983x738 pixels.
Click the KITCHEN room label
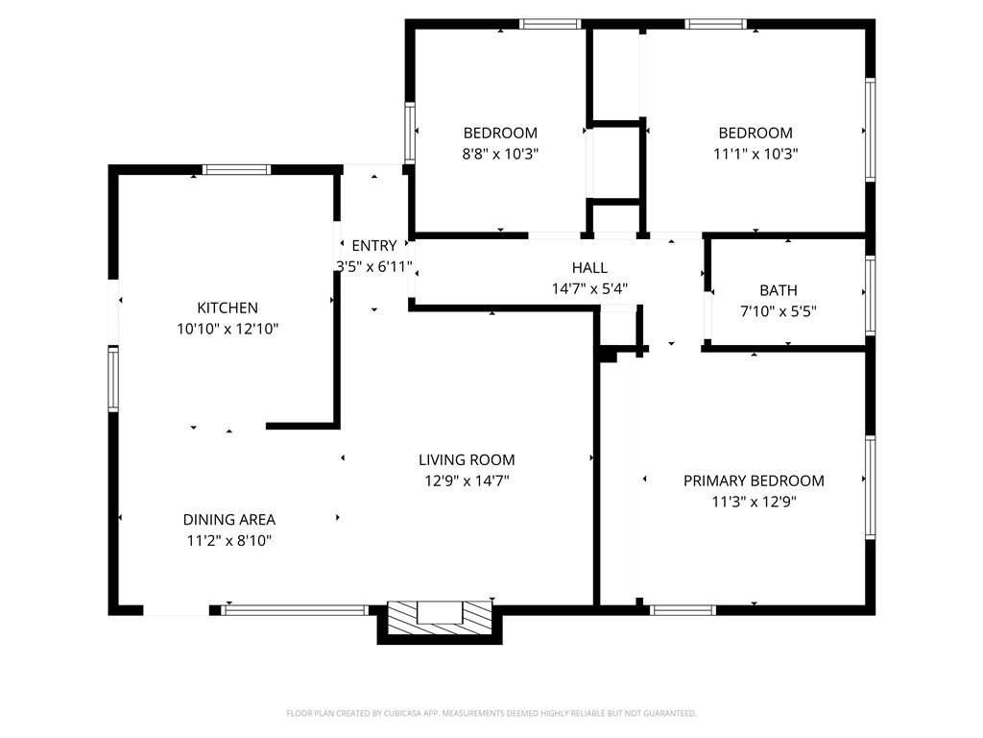coord(228,308)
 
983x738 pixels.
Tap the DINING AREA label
coord(229,520)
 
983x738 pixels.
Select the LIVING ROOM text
coord(468,460)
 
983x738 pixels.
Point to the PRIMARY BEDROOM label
coord(754,480)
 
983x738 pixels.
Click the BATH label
coord(779,290)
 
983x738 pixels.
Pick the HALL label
coord(590,268)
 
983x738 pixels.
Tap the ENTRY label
coord(374,245)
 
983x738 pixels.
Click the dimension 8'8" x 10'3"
coord(500,154)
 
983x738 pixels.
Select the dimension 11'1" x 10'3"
coord(755,154)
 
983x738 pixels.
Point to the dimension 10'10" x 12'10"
coord(228,329)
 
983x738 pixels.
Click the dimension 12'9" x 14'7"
coord(468,481)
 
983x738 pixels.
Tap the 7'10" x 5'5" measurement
coord(779,311)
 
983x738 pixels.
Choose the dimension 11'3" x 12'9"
coord(754,502)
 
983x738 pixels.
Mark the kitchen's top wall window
coord(236,169)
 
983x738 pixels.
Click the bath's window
coord(870,295)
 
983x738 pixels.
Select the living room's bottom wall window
coord(295,609)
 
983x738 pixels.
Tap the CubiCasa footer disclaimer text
coord(491,714)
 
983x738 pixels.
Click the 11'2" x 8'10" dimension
coord(229,541)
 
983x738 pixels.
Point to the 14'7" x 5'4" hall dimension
coord(590,288)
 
